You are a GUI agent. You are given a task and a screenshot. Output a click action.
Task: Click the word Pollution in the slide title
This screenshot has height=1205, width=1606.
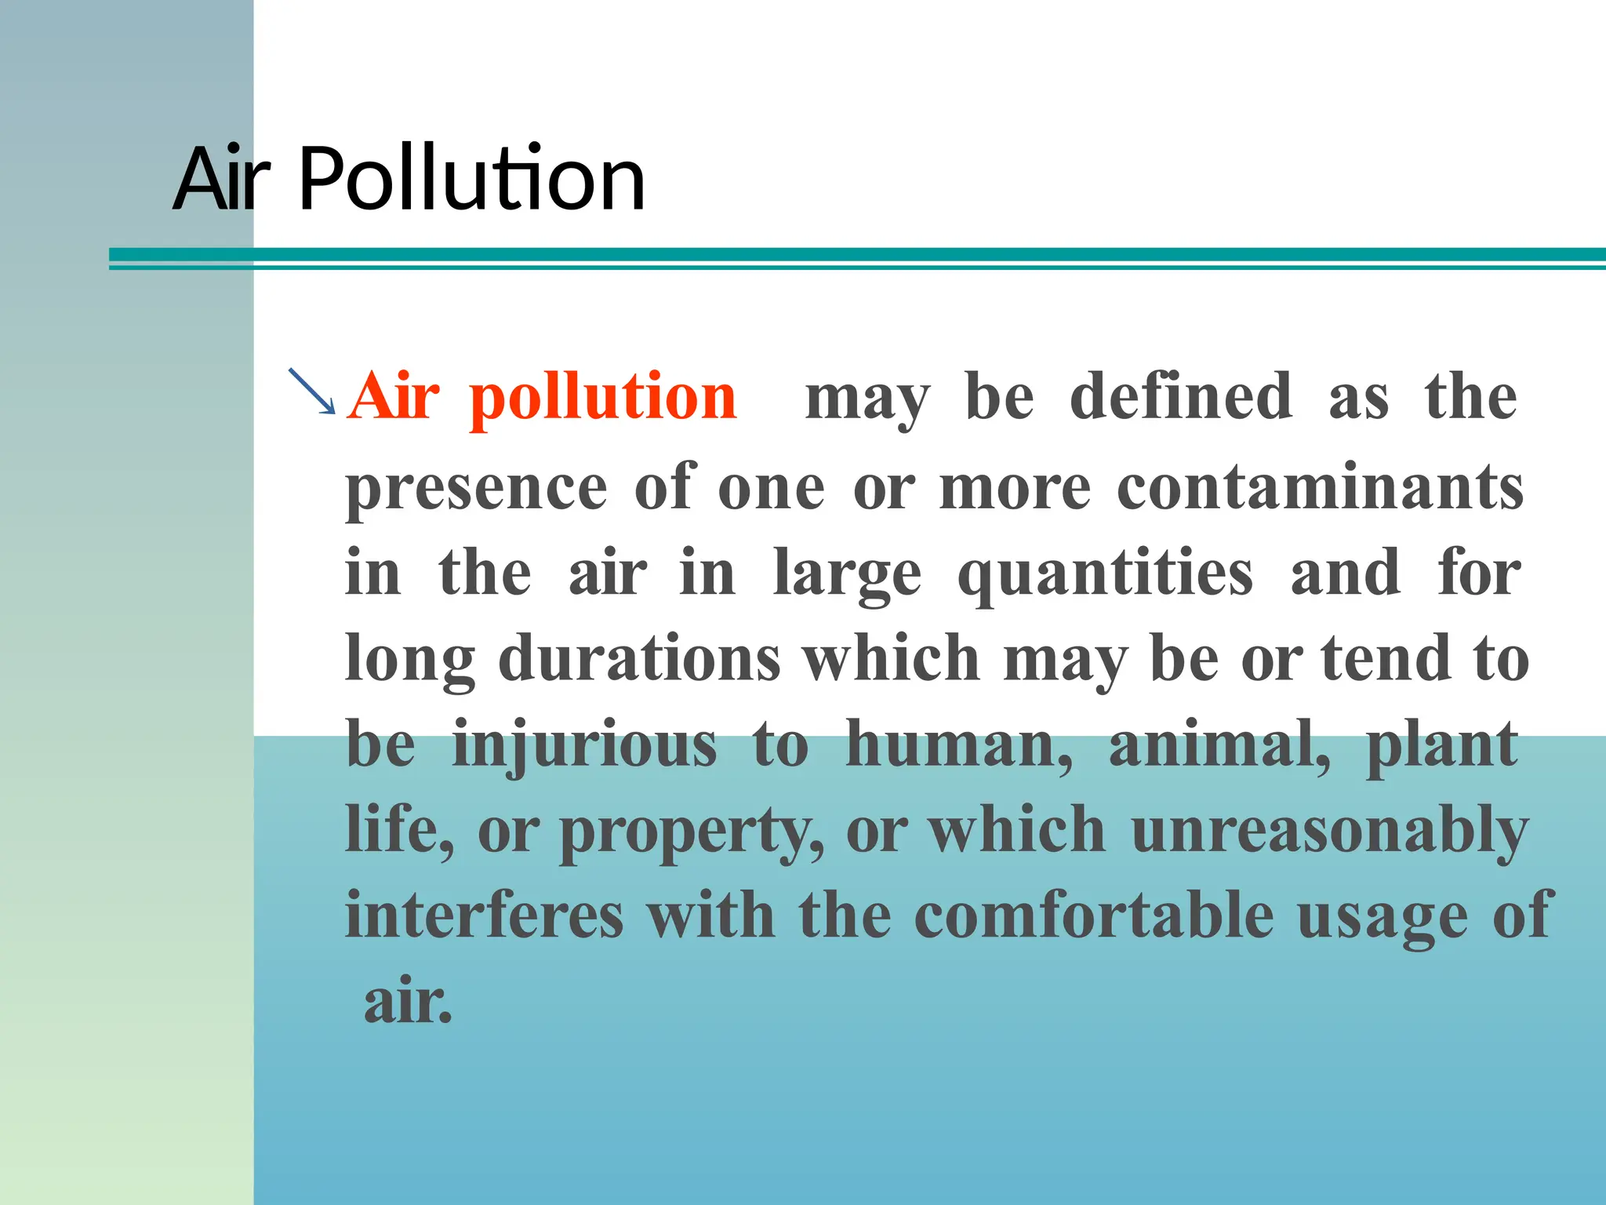point(472,180)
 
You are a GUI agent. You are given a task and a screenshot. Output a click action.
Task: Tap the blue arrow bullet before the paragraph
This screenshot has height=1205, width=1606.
point(312,391)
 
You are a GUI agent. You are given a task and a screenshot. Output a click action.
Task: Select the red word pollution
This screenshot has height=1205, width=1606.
point(603,399)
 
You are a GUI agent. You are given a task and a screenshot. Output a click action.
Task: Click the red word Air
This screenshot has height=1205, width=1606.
point(394,397)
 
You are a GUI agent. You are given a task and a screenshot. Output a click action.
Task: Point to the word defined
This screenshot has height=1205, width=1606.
point(1181,397)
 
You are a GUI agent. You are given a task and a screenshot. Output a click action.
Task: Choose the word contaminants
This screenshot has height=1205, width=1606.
point(1320,488)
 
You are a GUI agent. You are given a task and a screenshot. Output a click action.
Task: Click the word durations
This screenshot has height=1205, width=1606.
point(640,659)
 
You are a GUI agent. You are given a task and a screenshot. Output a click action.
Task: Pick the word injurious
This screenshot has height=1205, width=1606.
point(585,745)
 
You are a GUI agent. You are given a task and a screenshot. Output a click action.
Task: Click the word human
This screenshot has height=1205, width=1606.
point(958,745)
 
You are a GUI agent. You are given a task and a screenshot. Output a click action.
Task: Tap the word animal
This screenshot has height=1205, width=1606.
point(1219,745)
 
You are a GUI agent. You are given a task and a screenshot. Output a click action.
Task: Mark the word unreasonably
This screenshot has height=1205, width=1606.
point(1330,832)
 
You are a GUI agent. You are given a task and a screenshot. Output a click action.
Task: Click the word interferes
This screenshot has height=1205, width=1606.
point(485,916)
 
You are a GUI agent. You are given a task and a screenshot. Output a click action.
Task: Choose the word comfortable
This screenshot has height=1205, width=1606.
point(1095,916)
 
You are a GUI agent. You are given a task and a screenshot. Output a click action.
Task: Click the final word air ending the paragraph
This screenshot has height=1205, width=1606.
point(408,1003)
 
